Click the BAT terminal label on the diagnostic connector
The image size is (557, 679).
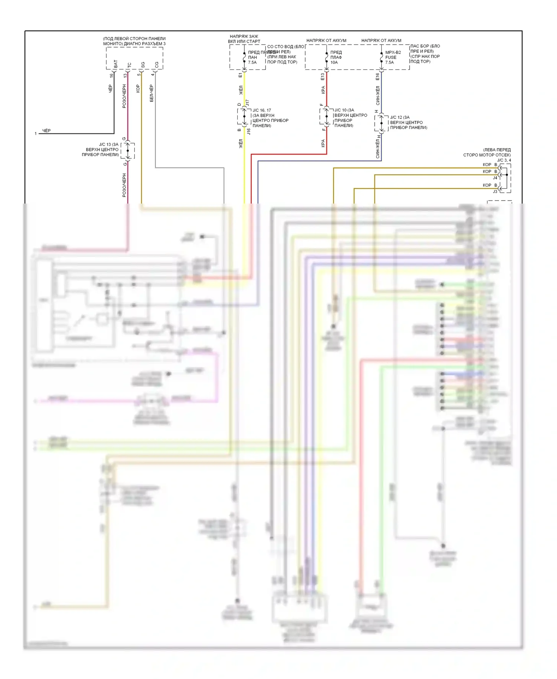tap(116, 64)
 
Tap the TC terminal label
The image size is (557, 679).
tap(129, 65)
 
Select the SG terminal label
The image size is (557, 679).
tap(143, 65)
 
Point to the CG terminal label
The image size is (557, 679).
tap(157, 65)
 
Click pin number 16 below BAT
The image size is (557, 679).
tap(111, 75)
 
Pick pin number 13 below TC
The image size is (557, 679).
tap(125, 75)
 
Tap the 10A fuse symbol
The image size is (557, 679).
tap(327, 58)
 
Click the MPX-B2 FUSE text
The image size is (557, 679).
tap(392, 55)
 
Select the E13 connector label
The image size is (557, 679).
tap(322, 77)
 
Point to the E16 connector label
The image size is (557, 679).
tap(377, 77)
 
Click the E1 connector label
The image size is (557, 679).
tap(240, 75)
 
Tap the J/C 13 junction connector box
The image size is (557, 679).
tap(128, 150)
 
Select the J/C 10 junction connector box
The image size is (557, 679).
tap(326, 116)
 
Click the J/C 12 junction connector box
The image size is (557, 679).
tap(381, 123)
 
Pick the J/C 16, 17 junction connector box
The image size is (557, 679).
tap(244, 116)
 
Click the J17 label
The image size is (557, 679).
tap(248, 103)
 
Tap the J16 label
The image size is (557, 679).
tap(249, 131)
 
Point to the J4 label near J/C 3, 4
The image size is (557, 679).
tap(495, 178)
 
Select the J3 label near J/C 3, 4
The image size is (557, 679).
tap(495, 192)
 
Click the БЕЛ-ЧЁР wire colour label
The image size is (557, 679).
tap(152, 93)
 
